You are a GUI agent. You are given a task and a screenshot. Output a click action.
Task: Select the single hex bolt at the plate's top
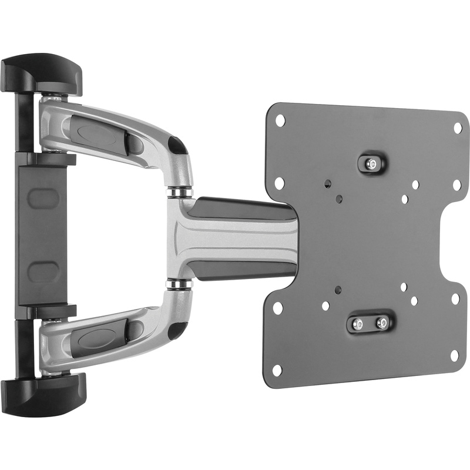coord(370,164)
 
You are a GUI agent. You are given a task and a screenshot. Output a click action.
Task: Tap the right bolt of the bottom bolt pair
coord(382,323)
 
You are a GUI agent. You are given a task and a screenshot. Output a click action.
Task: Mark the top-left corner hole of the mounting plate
coord(280,120)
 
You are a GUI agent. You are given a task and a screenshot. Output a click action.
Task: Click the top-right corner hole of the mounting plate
coord(458,127)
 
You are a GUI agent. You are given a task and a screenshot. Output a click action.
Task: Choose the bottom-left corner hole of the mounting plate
coord(277,370)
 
